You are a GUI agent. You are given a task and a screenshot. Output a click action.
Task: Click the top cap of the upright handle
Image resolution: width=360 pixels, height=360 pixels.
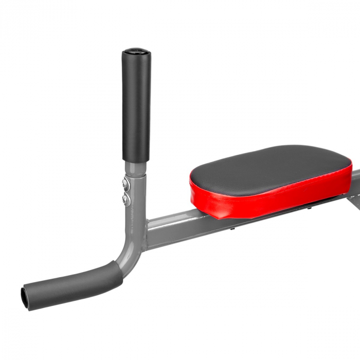pyautogui.click(x=136, y=52)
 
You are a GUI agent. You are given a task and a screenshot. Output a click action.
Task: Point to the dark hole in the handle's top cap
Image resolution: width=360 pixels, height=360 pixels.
pyautogui.click(x=136, y=51)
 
